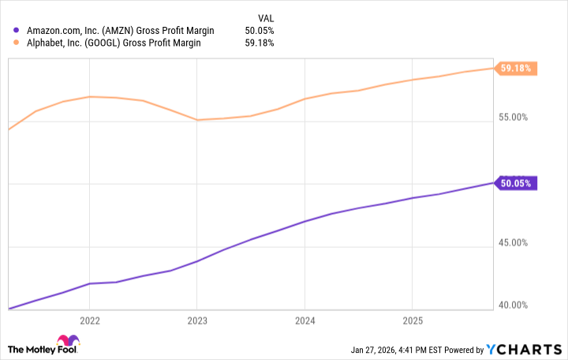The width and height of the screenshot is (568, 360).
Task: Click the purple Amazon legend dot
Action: pos(17,30)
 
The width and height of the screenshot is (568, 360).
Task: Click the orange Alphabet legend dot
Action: pos(17,43)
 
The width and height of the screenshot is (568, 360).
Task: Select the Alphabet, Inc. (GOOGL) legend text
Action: pos(114,43)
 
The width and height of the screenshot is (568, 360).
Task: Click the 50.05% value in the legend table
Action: pos(260,30)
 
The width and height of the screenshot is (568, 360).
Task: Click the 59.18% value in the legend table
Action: pos(260,43)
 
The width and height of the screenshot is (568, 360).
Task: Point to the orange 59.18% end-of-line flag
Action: pos(517,68)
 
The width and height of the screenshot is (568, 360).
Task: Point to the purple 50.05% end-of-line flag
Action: pos(517,183)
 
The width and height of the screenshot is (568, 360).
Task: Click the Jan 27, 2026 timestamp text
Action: pos(411,350)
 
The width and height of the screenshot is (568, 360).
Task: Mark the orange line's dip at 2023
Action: pos(197,120)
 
